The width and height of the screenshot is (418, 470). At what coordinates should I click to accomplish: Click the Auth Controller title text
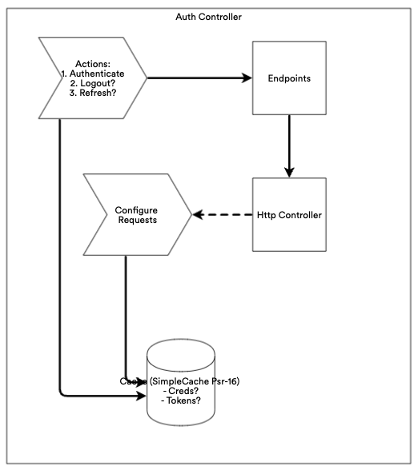pyautogui.click(x=208, y=16)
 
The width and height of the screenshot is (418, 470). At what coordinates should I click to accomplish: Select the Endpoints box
pyautogui.click(x=289, y=78)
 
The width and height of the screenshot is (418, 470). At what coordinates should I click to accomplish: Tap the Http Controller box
pyautogui.click(x=289, y=215)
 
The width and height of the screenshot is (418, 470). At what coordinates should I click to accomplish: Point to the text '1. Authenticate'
pyautogui.click(x=93, y=74)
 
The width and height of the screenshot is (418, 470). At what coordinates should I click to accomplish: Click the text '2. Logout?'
pyautogui.click(x=93, y=83)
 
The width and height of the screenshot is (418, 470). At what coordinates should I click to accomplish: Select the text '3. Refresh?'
pyautogui.click(x=93, y=93)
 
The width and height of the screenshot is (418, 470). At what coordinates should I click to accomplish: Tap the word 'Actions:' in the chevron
pyautogui.click(x=93, y=63)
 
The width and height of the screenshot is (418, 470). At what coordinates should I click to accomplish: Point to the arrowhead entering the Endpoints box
pyautogui.click(x=247, y=78)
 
